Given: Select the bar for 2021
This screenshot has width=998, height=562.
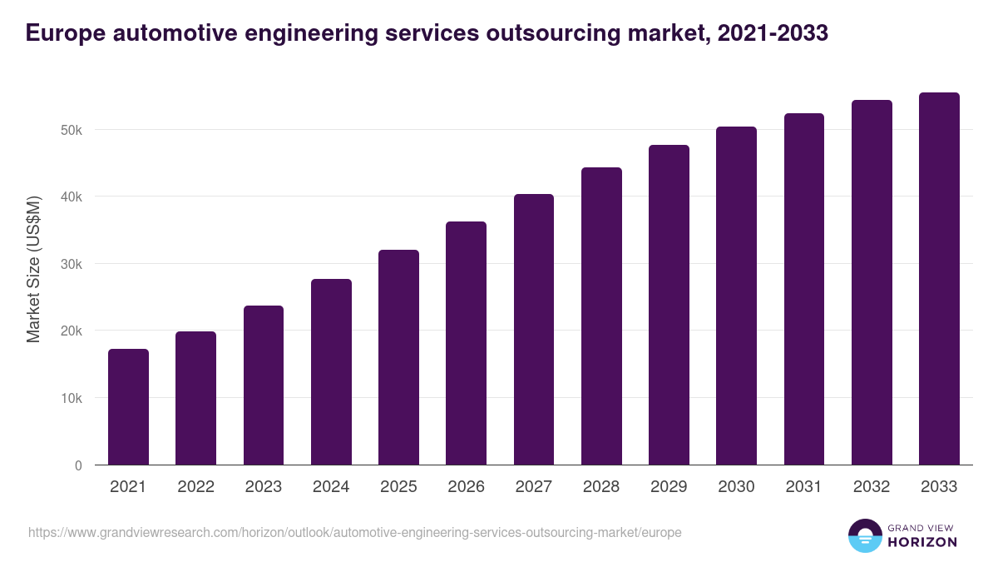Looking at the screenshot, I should pos(128,407).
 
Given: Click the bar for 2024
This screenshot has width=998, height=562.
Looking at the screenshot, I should pos(331,372).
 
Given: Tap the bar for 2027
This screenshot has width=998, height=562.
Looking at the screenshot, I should pos(534,330).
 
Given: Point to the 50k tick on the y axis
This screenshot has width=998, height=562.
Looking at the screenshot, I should pos(71,130).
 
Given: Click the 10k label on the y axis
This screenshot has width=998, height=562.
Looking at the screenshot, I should pos(71,398).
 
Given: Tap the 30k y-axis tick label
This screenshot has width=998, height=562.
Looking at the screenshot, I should pos(71,264).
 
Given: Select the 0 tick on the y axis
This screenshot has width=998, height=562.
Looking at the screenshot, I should pos(78,465).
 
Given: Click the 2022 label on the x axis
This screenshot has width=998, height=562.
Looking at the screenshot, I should pos(195,487).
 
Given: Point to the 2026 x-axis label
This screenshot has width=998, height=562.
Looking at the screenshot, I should pos(466,487).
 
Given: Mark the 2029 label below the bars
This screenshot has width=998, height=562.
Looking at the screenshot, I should pos(669,487).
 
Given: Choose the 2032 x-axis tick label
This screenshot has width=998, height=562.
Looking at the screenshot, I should pos(872,487).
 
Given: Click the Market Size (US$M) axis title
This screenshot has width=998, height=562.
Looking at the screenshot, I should pos(33,270).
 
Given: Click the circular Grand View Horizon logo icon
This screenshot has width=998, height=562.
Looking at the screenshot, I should pos(864,535).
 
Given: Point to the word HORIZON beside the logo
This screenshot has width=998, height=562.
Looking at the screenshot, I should pos(923,542).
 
